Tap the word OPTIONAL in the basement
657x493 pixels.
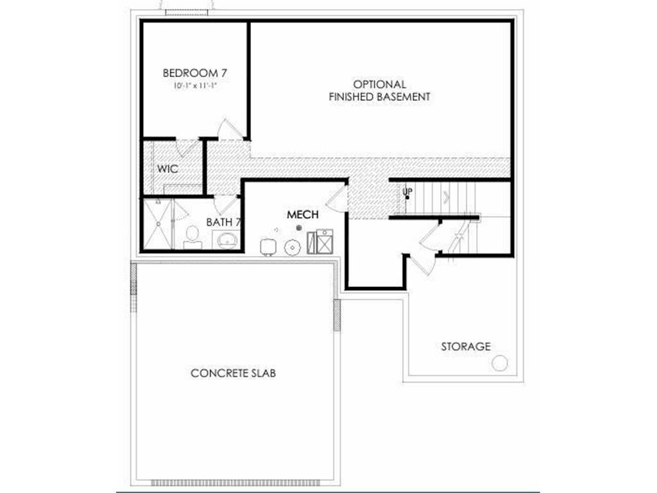click(x=379, y=84)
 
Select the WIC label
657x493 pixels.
click(x=167, y=169)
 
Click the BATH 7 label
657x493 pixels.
click(x=223, y=222)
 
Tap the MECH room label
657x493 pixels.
click(x=302, y=214)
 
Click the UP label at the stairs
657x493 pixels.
click(x=407, y=192)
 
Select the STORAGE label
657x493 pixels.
click(x=466, y=347)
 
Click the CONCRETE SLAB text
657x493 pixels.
click(x=234, y=373)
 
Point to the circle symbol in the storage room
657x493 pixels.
click(x=499, y=363)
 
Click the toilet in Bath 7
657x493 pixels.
click(x=191, y=237)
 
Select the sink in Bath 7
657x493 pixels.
click(x=226, y=240)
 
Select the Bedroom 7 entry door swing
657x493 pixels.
click(x=230, y=129)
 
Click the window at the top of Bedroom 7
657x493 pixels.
click(x=187, y=13)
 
